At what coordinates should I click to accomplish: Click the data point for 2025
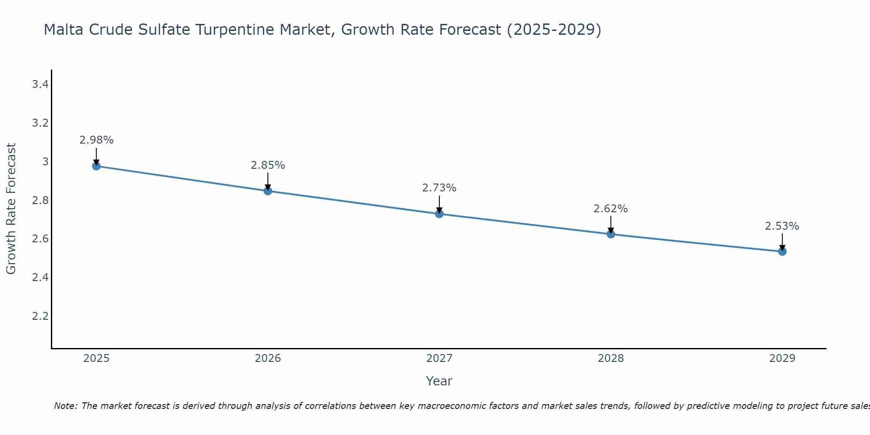coord(96,166)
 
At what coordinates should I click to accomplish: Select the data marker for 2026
coord(268,191)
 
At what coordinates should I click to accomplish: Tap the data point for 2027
coord(439,214)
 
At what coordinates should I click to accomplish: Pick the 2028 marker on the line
coord(611,234)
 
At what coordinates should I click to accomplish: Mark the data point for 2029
coord(782,251)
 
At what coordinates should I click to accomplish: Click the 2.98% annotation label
coord(97,140)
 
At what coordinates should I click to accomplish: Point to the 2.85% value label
coord(268,165)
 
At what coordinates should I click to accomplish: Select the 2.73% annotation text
coord(439,188)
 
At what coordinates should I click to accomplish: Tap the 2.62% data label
coord(611,209)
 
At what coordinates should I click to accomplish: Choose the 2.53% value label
coord(782,226)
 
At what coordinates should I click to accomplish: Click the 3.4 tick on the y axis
coord(40,84)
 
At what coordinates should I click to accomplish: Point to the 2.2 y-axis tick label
coord(40,316)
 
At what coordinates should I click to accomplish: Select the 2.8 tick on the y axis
coord(40,201)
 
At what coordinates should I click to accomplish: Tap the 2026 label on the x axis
coord(268,358)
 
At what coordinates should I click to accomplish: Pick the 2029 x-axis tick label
coord(782,358)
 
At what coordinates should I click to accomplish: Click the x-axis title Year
coord(439,381)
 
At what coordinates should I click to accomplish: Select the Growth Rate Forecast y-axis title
coord(11,209)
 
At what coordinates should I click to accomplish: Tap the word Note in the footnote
coord(65,406)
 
